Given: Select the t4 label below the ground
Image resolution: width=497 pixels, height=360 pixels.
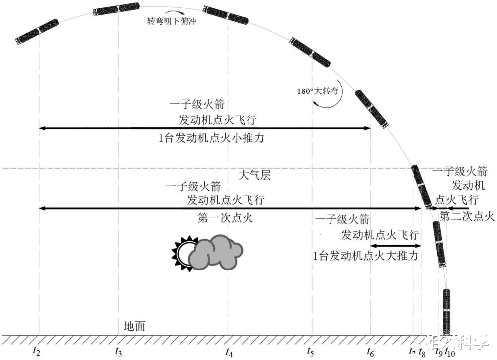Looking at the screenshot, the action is [229, 352].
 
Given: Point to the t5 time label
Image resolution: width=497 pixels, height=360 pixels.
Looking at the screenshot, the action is [311, 352].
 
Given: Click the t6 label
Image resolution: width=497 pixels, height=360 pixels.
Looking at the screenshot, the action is [370, 352].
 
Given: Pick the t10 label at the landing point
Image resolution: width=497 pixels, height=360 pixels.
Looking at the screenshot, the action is [449, 352].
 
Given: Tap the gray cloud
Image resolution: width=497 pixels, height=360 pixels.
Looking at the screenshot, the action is [217, 253].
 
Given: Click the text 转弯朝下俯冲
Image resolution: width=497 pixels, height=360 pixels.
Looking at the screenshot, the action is [169, 22].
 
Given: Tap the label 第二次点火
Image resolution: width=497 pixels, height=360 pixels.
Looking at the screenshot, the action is [467, 216].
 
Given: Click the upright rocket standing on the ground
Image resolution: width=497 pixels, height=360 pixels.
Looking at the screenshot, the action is [447, 312].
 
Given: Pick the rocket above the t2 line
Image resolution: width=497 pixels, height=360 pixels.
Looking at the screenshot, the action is [37, 31].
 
